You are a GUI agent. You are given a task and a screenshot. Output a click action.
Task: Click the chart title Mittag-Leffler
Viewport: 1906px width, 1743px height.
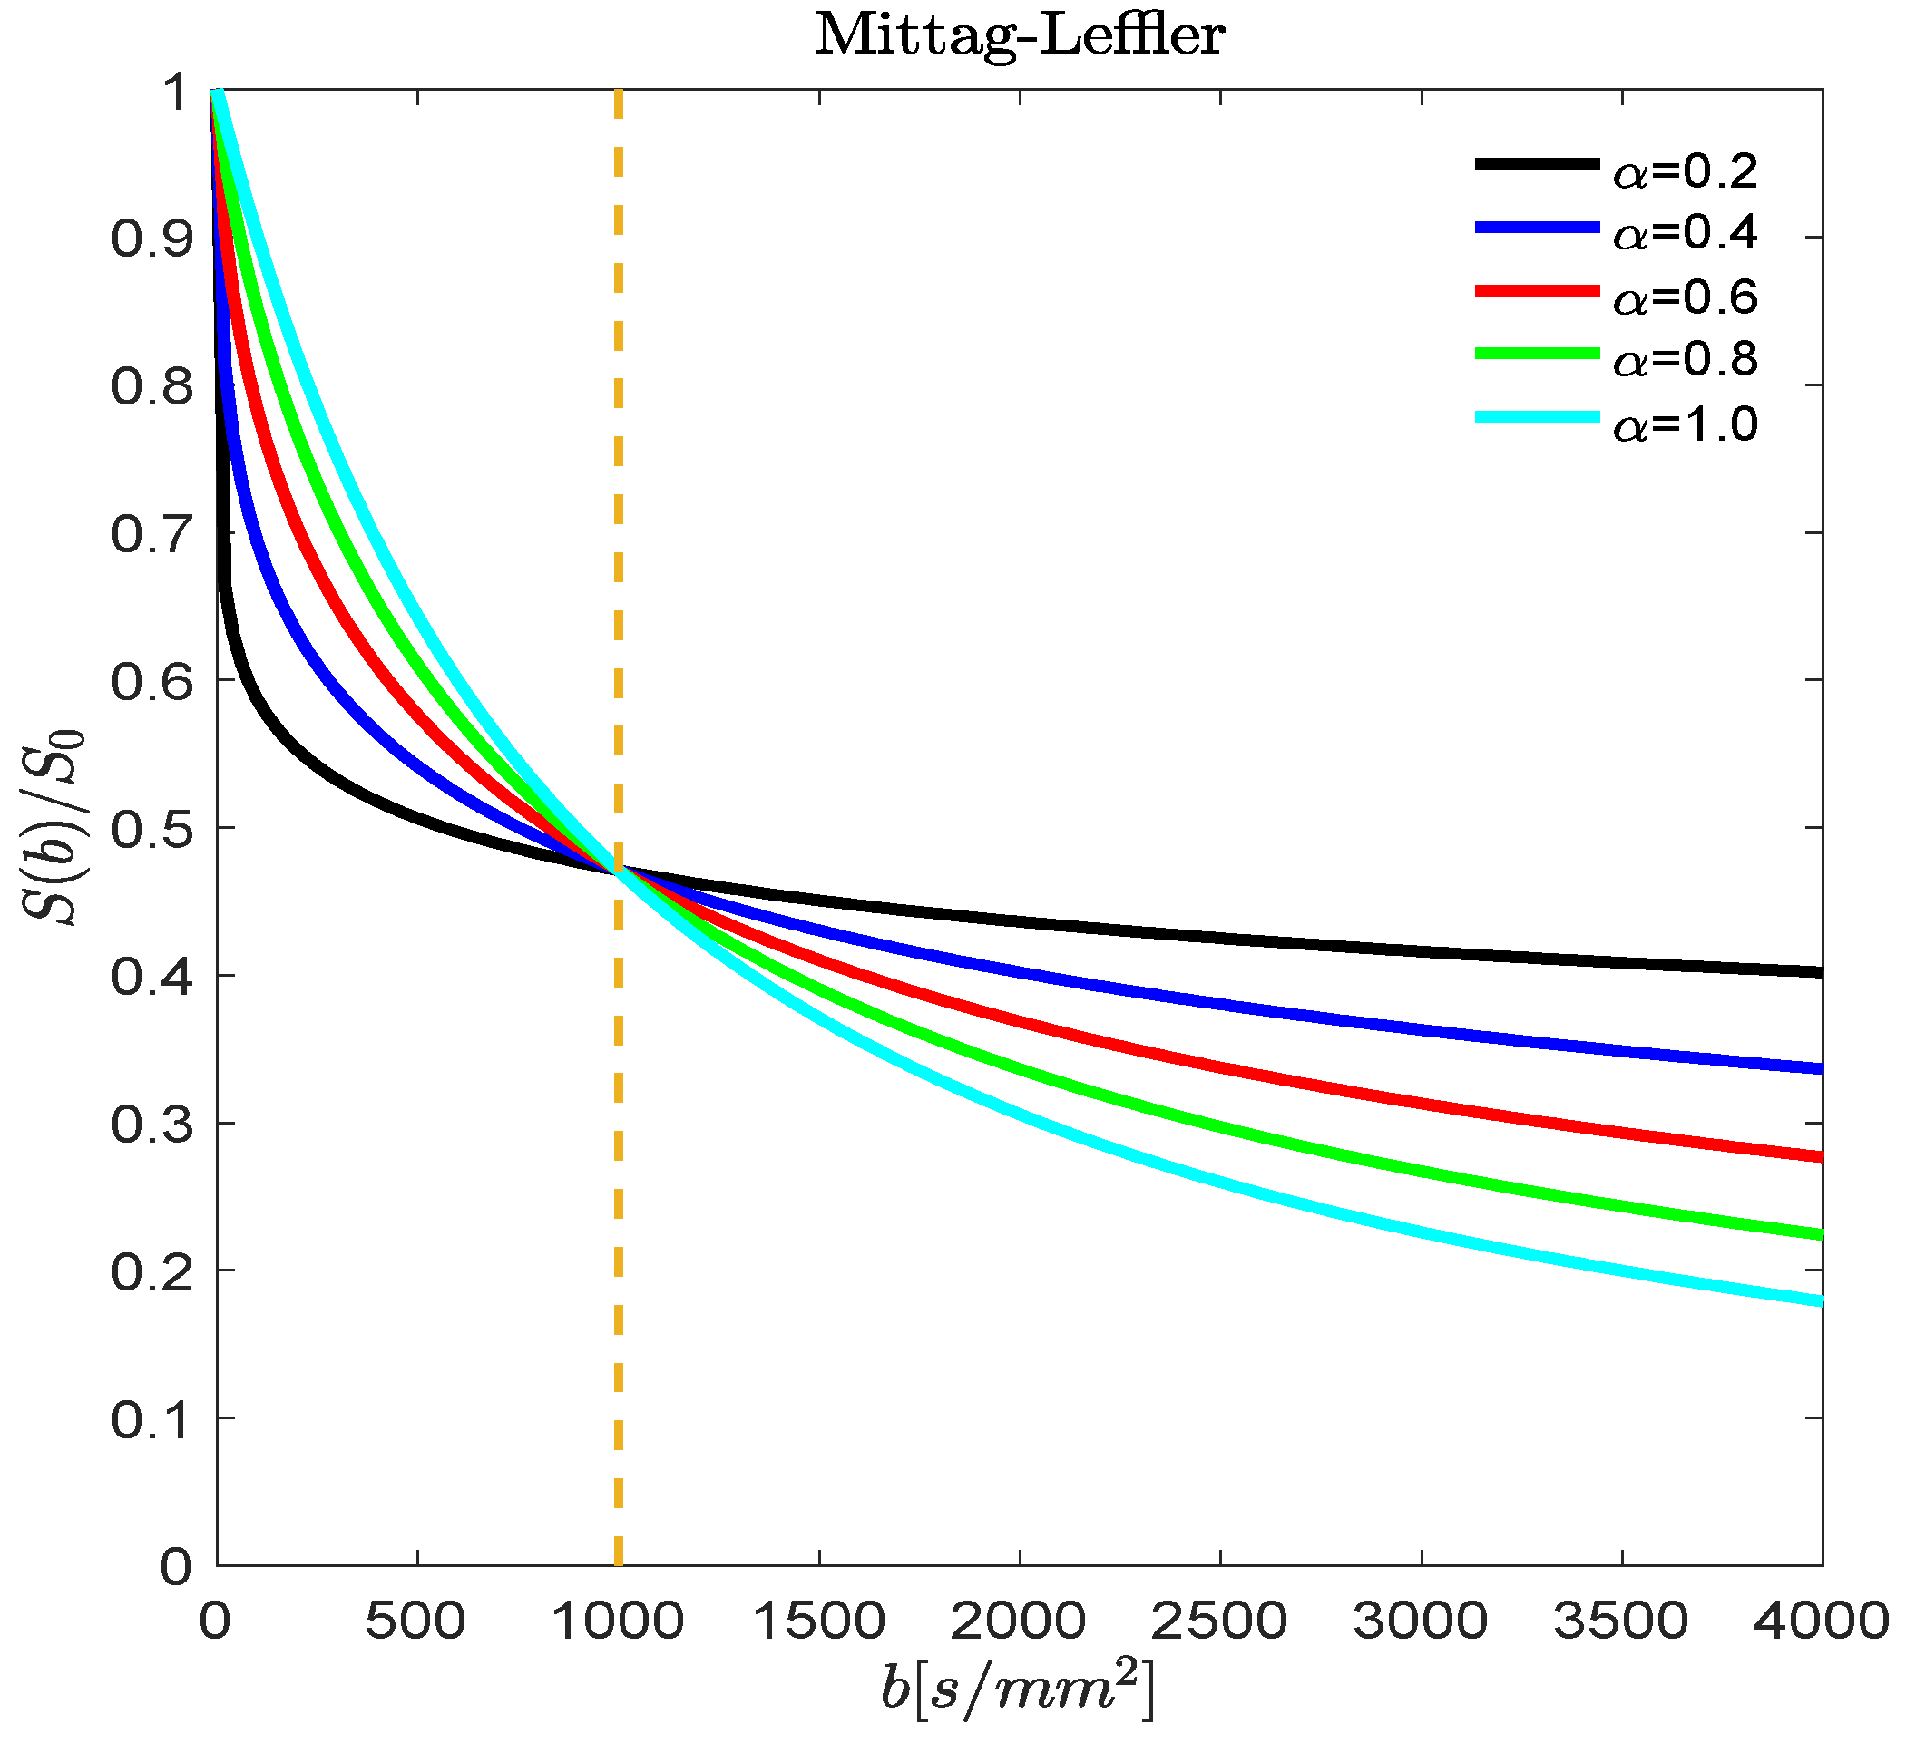1019,36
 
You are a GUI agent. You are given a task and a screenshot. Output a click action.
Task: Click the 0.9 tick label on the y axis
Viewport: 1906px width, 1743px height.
152,239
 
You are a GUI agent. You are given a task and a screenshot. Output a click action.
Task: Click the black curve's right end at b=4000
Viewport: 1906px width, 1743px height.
1820,971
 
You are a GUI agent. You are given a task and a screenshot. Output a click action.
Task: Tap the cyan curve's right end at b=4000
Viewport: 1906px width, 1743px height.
1820,1301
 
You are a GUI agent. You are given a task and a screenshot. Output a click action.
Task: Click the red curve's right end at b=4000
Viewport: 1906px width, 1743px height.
1820,1157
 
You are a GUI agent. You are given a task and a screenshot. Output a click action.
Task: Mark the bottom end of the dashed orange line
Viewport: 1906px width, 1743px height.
619,1564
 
